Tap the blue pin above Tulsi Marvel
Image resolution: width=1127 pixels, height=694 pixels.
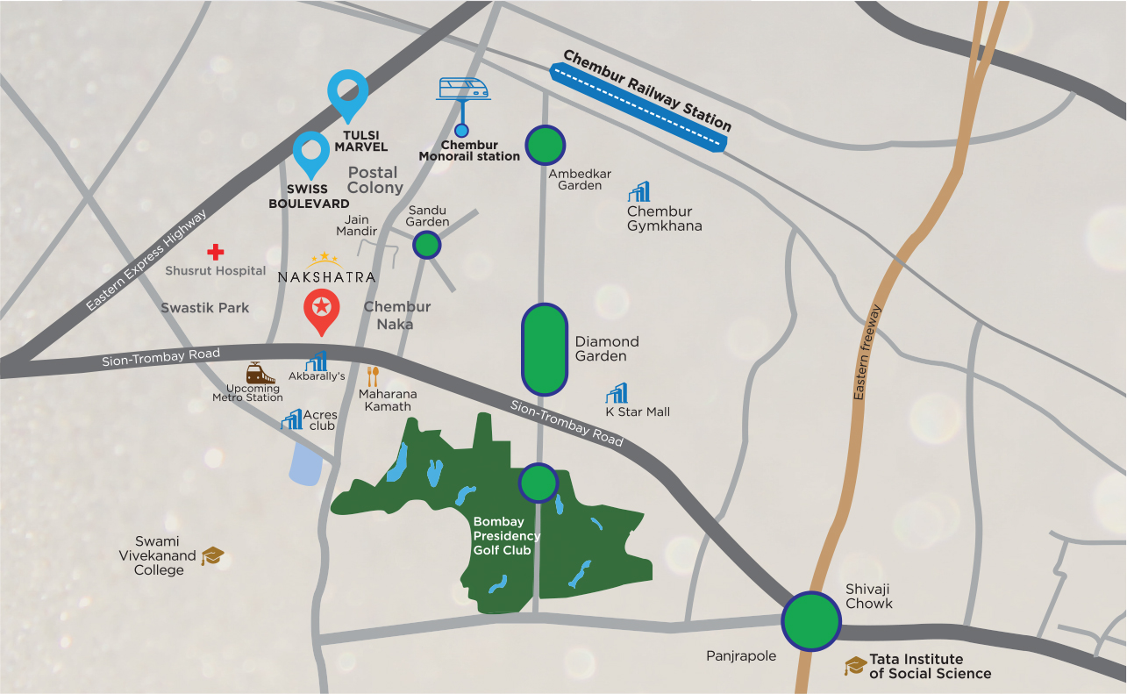[x=348, y=91]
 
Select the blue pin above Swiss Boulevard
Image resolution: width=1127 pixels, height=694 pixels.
[x=310, y=153]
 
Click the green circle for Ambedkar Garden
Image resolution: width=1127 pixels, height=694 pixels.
[x=545, y=145]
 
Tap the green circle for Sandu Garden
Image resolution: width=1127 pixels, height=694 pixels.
[x=426, y=245]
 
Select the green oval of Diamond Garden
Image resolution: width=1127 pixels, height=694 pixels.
[x=544, y=349]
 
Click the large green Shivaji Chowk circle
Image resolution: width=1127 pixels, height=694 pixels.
[x=811, y=621]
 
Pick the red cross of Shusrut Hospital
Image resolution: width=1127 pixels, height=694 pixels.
[x=215, y=253]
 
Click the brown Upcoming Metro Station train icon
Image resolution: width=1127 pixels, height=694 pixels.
[x=255, y=373]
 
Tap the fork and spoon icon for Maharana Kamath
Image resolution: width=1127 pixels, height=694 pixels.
[x=373, y=376]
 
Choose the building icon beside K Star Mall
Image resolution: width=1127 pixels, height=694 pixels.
[x=617, y=394]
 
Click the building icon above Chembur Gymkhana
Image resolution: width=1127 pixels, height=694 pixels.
[x=638, y=191]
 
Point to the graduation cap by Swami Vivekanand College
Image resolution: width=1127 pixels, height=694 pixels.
[x=212, y=556]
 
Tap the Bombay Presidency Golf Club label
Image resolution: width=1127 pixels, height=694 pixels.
[x=507, y=535]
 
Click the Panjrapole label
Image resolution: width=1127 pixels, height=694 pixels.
[x=741, y=655]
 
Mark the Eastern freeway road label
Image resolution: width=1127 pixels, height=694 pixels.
[x=868, y=353]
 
